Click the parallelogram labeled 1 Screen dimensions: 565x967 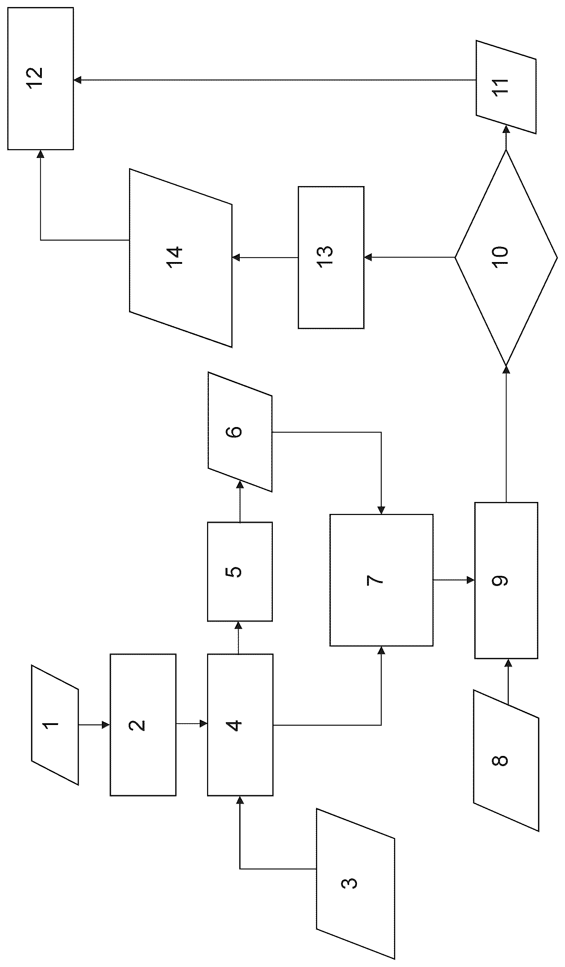coord(55,725)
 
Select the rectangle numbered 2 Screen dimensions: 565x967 coord(143,725)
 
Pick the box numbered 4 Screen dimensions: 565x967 coord(240,725)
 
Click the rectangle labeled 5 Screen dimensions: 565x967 coord(240,571)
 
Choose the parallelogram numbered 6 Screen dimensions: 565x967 coord(240,432)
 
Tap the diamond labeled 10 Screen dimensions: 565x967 coord(506,257)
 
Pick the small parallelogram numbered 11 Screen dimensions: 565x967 coord(506,87)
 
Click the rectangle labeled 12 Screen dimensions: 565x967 coord(40,78)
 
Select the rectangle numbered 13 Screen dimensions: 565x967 coord(331,257)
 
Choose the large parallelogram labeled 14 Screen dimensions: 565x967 coord(181,258)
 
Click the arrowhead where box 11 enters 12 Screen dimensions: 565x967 coord(77,80)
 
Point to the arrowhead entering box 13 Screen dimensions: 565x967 coord(368,257)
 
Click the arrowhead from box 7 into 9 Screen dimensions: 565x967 coord(471,580)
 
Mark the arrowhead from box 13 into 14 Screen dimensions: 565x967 coord(236,257)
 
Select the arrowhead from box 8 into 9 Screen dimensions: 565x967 coord(508,663)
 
